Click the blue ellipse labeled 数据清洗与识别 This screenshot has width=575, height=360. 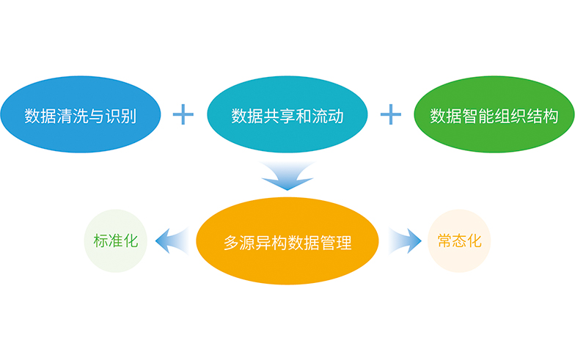tap(81, 114)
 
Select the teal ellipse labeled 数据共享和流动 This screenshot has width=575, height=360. tap(287, 114)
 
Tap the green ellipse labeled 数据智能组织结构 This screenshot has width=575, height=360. tap(494, 114)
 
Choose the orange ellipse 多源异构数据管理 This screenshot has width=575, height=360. tap(287, 240)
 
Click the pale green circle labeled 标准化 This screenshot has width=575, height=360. tap(116, 240)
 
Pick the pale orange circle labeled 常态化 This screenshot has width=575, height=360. tap(459, 240)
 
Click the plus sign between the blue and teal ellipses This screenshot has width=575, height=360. tap(183, 114)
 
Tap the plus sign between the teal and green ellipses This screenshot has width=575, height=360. tap(390, 114)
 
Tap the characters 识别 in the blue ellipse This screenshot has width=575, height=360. tap(120, 116)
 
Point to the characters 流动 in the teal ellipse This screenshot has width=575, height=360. tap(327, 116)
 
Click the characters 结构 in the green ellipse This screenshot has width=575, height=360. tap(543, 116)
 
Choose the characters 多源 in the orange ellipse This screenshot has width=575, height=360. tap(239, 243)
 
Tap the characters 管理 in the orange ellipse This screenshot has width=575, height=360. tap(336, 243)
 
